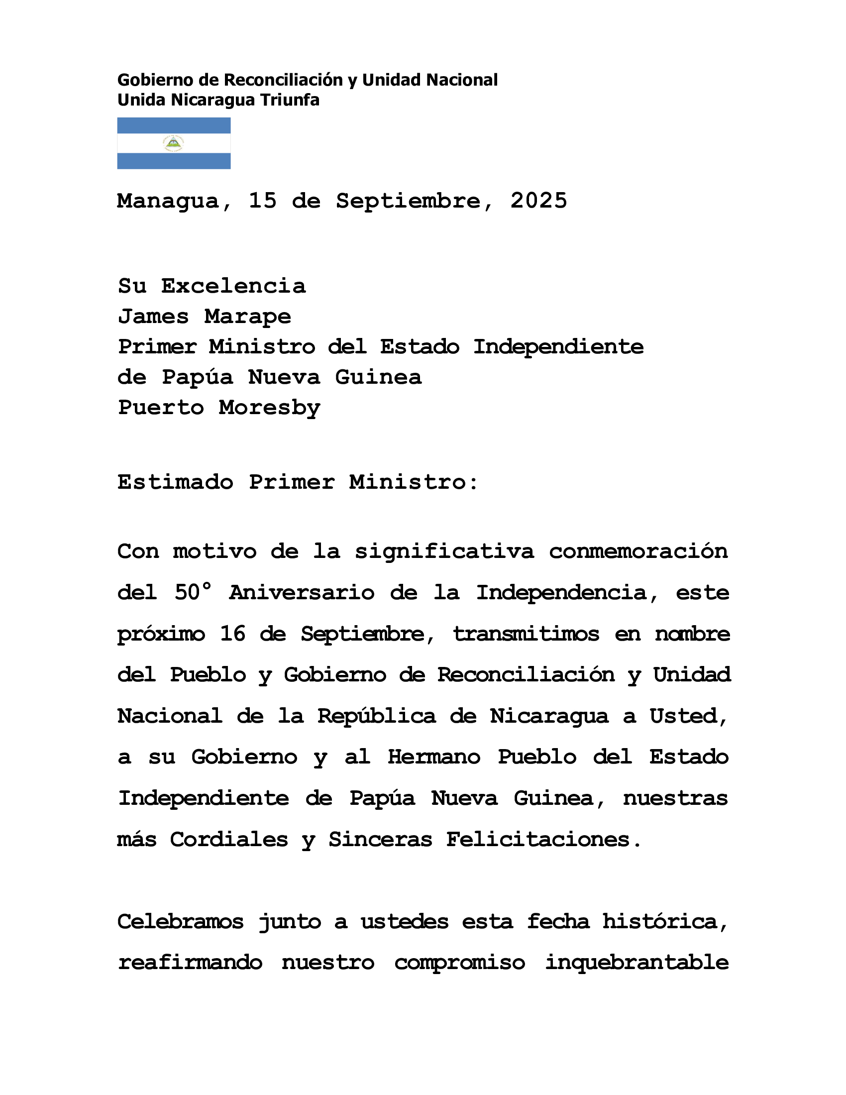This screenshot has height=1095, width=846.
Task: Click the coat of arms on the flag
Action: (x=173, y=143)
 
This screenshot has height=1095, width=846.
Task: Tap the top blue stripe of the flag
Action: (x=173, y=125)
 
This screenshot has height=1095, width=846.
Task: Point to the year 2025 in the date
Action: (x=539, y=201)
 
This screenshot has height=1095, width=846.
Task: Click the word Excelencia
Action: (x=233, y=286)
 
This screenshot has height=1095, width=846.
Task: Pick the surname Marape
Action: (x=248, y=317)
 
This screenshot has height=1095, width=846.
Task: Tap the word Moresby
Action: (x=270, y=408)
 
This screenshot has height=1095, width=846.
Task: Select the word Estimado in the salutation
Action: (x=175, y=482)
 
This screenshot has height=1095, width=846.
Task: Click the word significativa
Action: (x=444, y=551)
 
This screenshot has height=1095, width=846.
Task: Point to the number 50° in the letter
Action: (x=193, y=592)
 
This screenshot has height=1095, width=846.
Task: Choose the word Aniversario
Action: (x=302, y=593)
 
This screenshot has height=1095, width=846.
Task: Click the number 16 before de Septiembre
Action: (x=232, y=634)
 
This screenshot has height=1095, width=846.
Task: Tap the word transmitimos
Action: (x=526, y=634)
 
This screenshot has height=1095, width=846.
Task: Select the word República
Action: (x=376, y=716)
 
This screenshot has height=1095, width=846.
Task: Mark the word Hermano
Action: (x=434, y=757)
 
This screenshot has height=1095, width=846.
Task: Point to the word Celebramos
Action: (x=181, y=921)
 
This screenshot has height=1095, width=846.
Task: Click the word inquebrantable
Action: (x=636, y=963)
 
